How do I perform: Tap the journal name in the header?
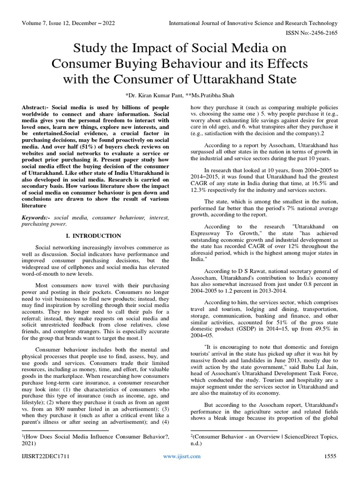[x=253, y=23]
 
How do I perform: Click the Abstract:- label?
[x=37, y=107]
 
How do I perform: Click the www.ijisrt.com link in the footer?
[x=180, y=470]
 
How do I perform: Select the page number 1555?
[x=330, y=470]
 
